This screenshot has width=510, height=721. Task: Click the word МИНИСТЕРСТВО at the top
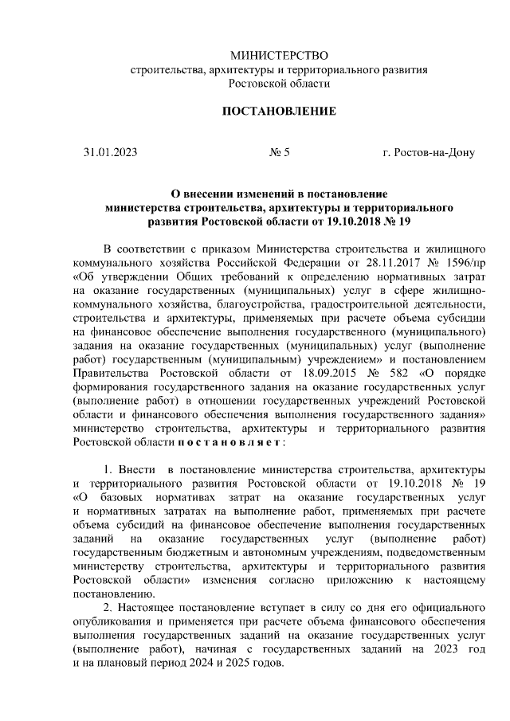tap(279, 55)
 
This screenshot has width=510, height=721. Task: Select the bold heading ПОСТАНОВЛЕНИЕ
tap(279, 111)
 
